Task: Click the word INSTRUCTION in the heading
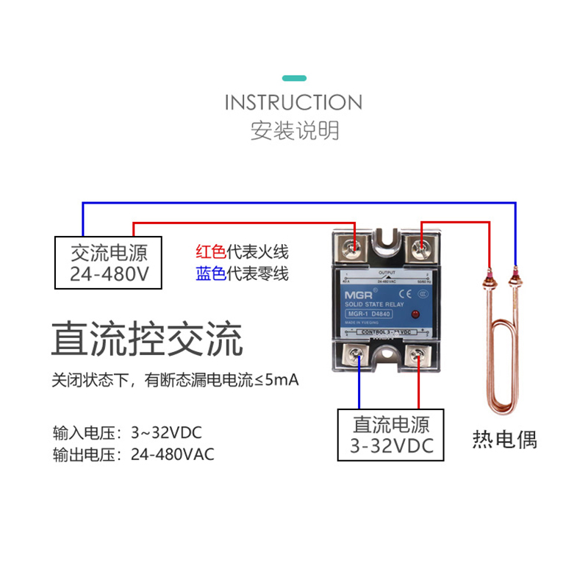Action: coord(293,102)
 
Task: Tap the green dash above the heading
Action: coord(294,78)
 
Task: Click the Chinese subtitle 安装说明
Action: coord(294,131)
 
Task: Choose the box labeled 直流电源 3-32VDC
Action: coord(391,434)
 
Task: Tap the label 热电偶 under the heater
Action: coord(504,440)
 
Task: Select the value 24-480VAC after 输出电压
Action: coord(173,454)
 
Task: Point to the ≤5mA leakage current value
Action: coord(276,381)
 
